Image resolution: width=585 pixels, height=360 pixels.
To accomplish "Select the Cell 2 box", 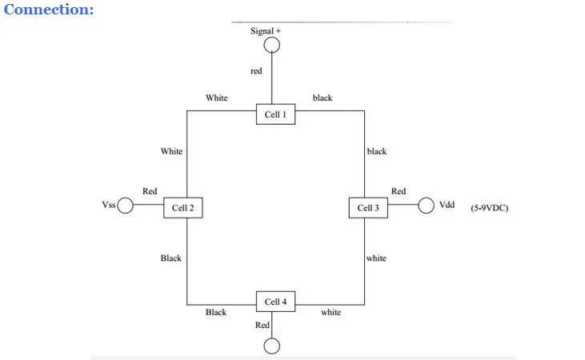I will tap(183, 208).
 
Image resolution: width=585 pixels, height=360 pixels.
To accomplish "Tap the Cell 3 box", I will tap(368, 208).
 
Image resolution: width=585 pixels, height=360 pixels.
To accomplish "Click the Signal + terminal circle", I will tap(273, 46).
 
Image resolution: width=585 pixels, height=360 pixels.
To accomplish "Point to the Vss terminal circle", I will tap(126, 206).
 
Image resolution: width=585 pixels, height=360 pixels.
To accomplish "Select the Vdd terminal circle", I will tap(426, 206).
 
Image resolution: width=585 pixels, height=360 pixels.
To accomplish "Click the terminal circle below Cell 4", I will tap(273, 346).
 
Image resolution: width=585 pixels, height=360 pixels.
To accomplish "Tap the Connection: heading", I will tap(49, 10).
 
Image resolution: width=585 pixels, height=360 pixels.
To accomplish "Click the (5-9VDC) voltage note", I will tap(490, 208).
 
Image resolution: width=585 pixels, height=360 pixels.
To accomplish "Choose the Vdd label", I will tap(447, 206).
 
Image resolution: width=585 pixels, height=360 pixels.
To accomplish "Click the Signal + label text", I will tap(266, 30).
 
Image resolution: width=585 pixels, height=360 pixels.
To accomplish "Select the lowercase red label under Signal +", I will tap(256, 72).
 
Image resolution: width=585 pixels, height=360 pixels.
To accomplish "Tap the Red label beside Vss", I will tap(150, 192).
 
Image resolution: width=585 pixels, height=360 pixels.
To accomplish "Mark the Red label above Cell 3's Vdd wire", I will tap(399, 191).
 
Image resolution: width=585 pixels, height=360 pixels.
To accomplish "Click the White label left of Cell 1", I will tap(216, 98).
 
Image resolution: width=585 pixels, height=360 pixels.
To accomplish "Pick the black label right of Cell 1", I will tap(323, 98).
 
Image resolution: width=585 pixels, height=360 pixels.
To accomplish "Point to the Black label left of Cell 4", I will tap(216, 313).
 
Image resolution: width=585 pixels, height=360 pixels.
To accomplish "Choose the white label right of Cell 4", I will tap(331, 313).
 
